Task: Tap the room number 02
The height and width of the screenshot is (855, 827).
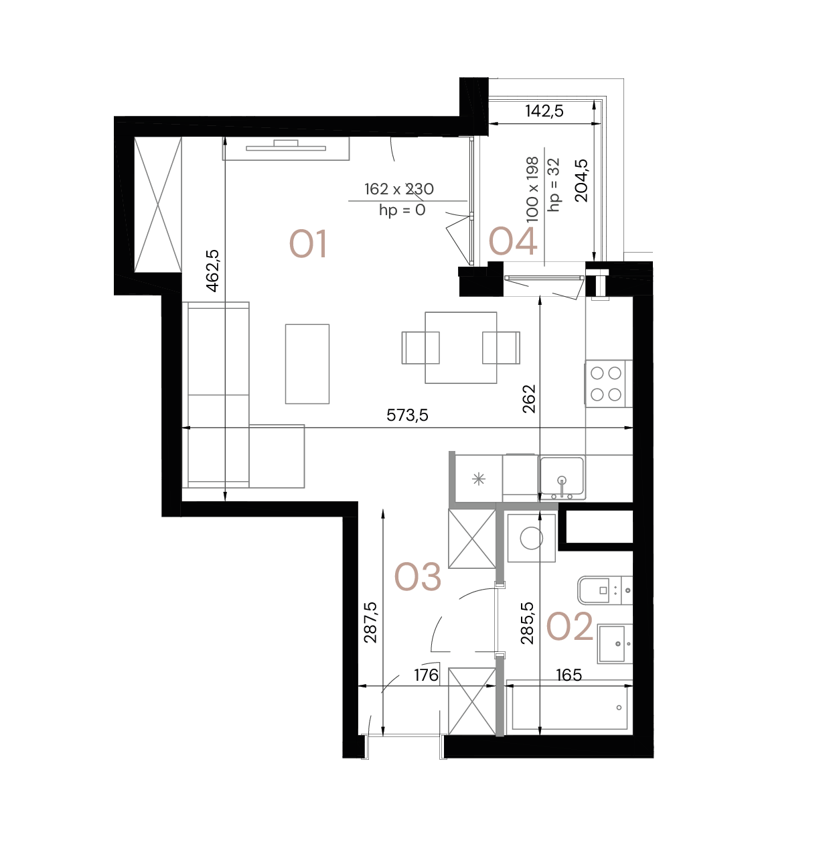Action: (x=569, y=627)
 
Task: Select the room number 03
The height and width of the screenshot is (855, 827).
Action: (x=417, y=577)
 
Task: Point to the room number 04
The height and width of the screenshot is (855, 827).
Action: (x=513, y=242)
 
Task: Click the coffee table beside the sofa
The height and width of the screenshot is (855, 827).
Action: (x=307, y=364)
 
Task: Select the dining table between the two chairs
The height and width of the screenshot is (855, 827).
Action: (x=461, y=348)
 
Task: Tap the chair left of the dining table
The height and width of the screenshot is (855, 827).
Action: (x=419, y=348)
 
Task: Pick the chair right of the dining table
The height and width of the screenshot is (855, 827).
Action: (x=502, y=348)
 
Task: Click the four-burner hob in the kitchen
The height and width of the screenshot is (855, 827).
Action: (x=605, y=383)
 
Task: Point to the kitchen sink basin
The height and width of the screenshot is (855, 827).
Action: (x=562, y=476)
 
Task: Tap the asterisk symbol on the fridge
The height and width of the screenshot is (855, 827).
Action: (x=478, y=478)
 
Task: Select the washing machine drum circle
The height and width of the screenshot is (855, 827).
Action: (x=532, y=538)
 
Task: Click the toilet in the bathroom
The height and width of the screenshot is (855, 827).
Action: (x=605, y=590)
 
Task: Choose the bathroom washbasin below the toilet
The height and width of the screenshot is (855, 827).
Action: (x=615, y=644)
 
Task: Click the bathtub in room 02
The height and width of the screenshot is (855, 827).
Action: (x=569, y=708)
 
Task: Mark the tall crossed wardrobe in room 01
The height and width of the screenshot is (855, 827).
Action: (x=158, y=204)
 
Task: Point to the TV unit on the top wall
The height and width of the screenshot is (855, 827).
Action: (x=286, y=148)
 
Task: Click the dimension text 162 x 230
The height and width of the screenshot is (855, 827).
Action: (x=399, y=190)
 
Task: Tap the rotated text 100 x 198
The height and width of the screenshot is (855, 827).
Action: (x=532, y=190)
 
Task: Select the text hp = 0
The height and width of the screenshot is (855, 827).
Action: (x=402, y=210)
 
